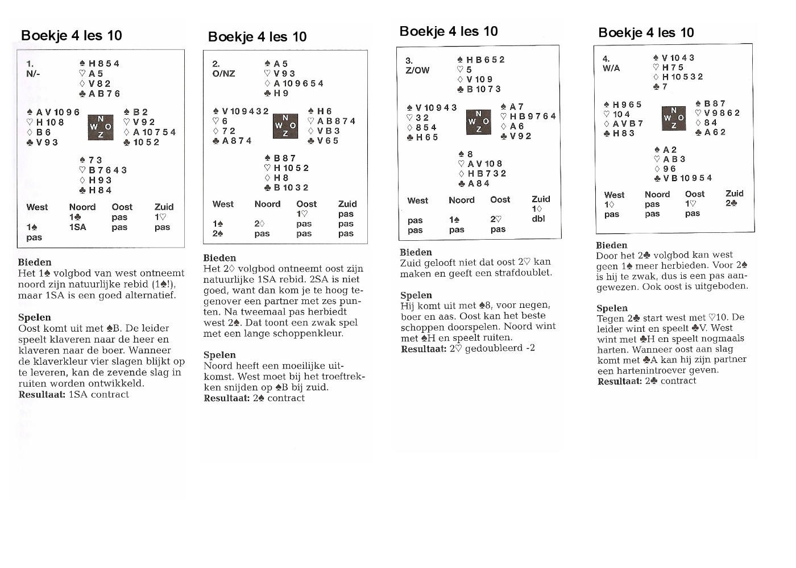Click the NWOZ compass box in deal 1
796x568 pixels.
101,127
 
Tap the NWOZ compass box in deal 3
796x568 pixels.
478,122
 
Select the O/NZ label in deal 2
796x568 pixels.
223,74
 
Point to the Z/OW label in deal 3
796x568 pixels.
417,70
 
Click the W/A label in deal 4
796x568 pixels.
611,68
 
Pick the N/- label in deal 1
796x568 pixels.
33,74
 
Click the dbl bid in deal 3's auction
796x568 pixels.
538,219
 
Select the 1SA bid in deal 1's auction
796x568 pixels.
78,227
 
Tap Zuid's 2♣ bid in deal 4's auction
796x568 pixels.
731,203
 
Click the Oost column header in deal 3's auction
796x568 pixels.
500,200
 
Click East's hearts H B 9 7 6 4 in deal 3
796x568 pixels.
528,116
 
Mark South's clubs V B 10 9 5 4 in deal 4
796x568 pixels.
683,178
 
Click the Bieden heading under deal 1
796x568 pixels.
35,262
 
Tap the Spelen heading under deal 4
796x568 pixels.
612,308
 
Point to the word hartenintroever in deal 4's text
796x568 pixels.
645,370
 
